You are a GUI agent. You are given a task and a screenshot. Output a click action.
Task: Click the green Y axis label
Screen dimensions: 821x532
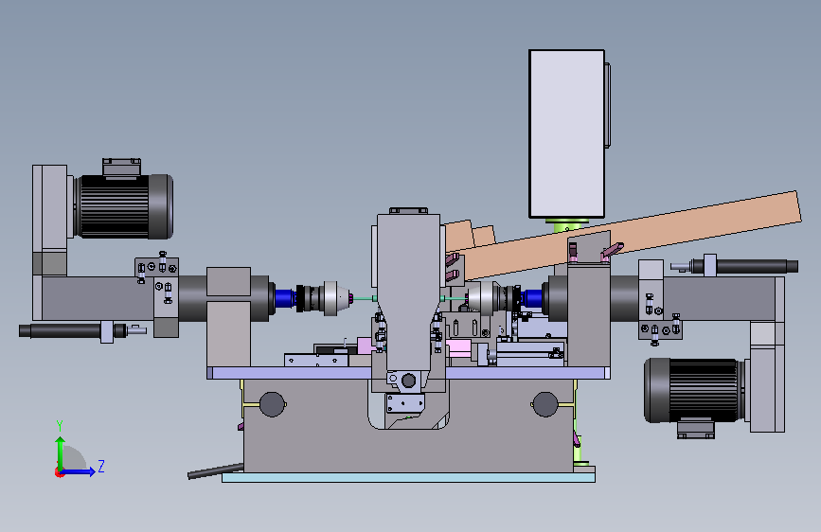60,425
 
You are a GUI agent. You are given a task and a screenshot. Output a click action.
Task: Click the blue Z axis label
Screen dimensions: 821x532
101,466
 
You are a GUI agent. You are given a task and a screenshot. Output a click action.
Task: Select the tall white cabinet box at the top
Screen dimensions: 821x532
566,134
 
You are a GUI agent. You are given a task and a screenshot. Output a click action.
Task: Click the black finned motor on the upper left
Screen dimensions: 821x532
125,206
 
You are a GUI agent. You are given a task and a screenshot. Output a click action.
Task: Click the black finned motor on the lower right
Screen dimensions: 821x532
694,391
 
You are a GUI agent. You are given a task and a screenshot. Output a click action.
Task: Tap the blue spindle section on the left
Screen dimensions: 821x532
285,298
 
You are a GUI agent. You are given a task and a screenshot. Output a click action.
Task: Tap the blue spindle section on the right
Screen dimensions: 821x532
532,298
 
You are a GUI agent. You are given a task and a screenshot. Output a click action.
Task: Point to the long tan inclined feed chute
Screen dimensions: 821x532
623,235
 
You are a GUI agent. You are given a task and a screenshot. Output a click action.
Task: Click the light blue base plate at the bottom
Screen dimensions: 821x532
408,477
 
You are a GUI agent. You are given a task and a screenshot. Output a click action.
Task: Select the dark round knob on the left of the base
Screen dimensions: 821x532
273,404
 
